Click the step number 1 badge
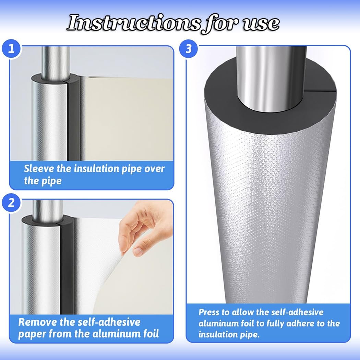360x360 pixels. tap(11, 49)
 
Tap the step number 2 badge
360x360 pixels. tap(11, 203)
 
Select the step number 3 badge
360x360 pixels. tap(188, 49)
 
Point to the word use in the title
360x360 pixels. tap(261, 24)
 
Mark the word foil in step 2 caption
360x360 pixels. tap(151, 334)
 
